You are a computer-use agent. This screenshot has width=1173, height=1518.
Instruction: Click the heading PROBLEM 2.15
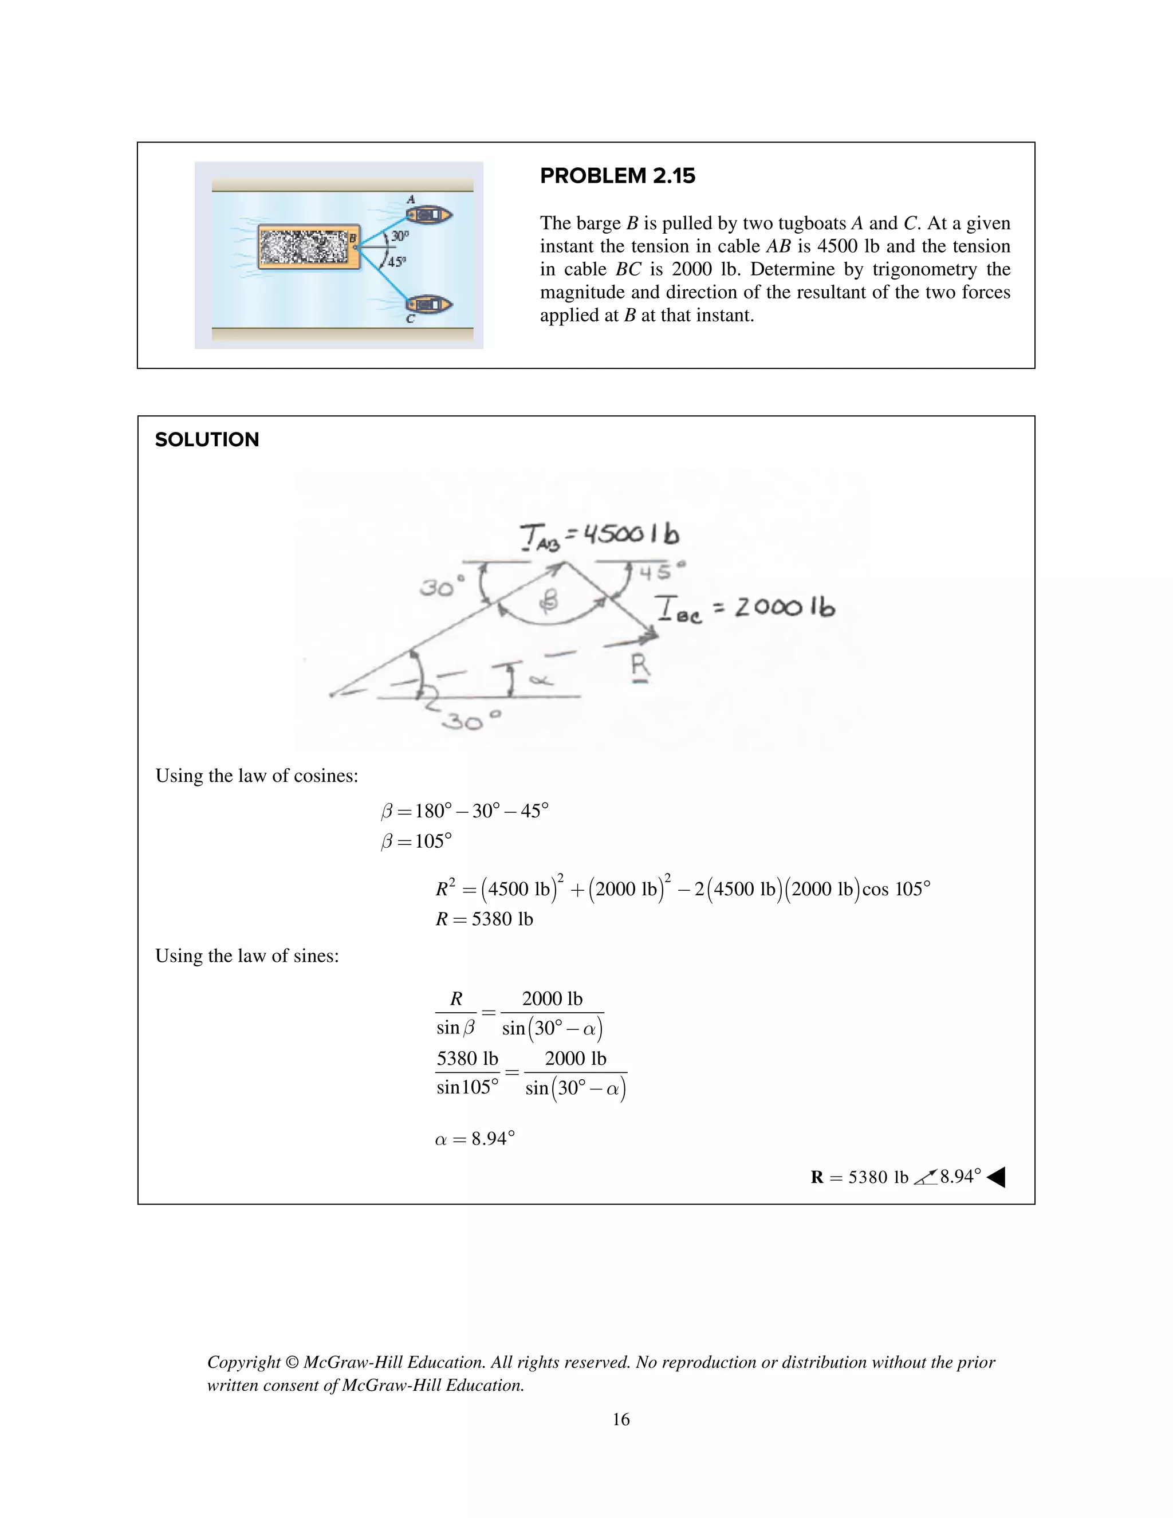point(617,176)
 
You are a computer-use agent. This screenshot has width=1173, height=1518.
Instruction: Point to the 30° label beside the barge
point(400,237)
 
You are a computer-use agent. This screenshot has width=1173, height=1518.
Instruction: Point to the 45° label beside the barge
point(396,262)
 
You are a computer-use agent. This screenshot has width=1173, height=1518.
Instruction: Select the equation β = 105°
point(416,841)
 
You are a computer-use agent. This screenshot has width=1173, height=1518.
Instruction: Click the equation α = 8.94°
point(475,1139)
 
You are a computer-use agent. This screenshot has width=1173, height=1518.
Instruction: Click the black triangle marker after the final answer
point(996,1177)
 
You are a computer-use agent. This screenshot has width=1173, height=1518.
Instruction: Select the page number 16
point(620,1419)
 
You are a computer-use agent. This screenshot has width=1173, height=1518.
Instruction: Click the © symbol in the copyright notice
point(292,1362)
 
